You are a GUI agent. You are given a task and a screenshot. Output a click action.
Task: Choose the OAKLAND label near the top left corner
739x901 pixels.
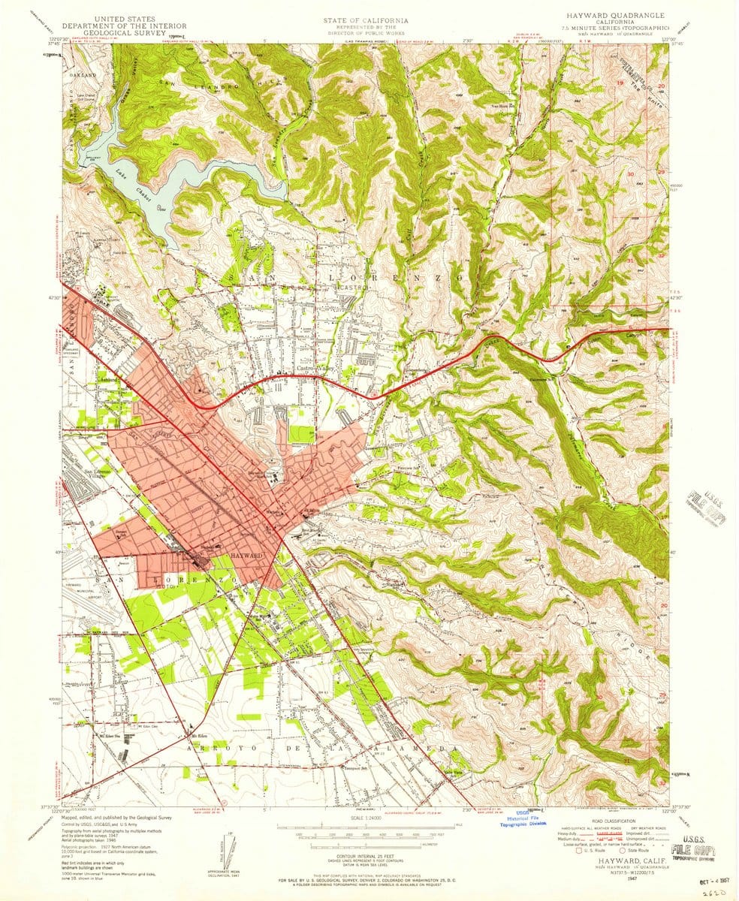tap(85, 76)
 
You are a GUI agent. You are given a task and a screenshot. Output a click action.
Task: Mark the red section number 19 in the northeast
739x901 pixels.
tap(620, 82)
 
